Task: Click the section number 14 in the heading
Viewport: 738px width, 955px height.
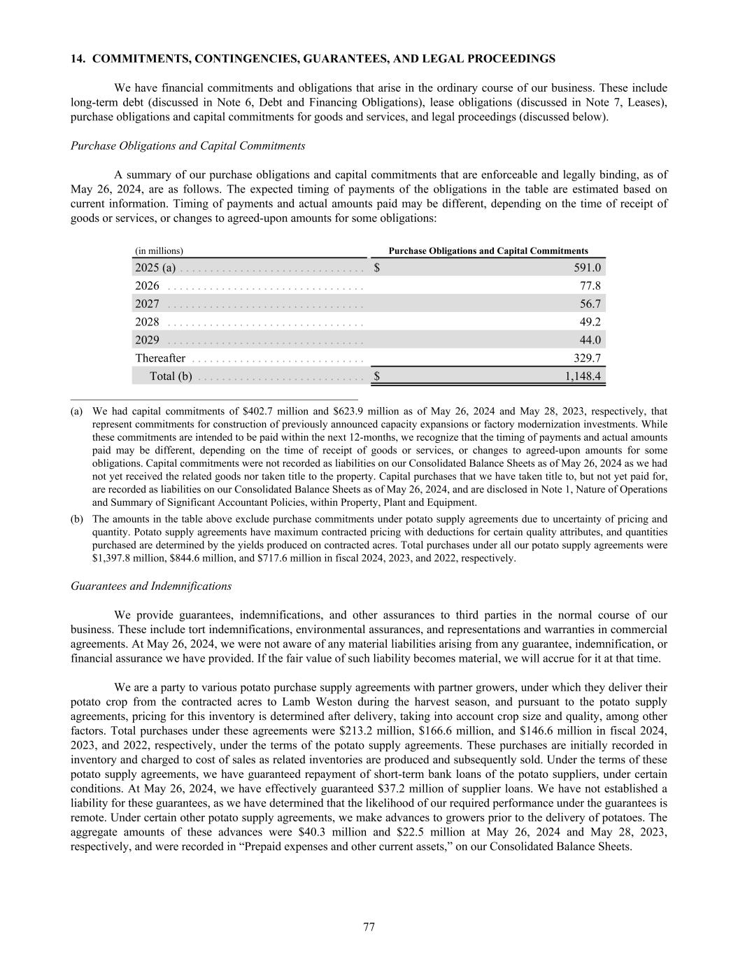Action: pyautogui.click(x=77, y=59)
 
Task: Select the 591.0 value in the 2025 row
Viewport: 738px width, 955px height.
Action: pyautogui.click(x=588, y=267)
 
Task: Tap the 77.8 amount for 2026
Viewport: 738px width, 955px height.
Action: pyautogui.click(x=590, y=285)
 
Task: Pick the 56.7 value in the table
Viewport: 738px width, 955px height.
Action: pyautogui.click(x=590, y=304)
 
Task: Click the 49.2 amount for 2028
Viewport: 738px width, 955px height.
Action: pyautogui.click(x=590, y=322)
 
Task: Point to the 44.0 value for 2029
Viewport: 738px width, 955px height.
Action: pyautogui.click(x=590, y=340)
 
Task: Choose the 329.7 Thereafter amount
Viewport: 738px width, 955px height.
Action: pyautogui.click(x=588, y=358)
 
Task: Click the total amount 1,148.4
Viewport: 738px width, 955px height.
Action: pyautogui.click(x=583, y=376)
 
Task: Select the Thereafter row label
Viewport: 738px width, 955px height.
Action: pyautogui.click(x=160, y=358)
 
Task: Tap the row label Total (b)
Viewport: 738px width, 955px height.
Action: pyautogui.click(x=171, y=376)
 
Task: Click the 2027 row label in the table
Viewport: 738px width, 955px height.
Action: pyautogui.click(x=147, y=304)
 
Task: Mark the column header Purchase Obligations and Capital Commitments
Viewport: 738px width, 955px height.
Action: pyautogui.click(x=488, y=250)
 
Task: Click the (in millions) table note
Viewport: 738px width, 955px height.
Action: pyautogui.click(x=159, y=250)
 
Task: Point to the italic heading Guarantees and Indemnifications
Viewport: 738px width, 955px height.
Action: pyautogui.click(x=151, y=586)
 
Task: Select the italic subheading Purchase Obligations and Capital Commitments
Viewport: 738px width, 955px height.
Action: pyautogui.click(x=188, y=146)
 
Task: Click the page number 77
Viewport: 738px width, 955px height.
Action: pyautogui.click(x=369, y=928)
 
